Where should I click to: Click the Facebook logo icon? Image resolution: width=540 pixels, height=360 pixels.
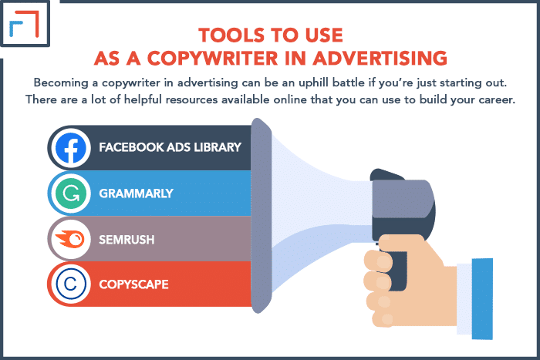(71, 148)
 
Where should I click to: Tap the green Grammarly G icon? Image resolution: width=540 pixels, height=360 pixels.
(71, 193)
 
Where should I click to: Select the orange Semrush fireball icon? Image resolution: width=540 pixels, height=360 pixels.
(70, 239)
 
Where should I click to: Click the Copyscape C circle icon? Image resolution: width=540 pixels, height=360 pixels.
(71, 284)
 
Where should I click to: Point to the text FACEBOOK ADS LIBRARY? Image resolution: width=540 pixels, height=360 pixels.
(170, 147)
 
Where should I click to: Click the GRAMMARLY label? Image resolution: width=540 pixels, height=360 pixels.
(136, 193)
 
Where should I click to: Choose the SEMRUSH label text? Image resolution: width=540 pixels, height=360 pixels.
(127, 240)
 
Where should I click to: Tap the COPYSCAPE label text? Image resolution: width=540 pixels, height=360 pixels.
(134, 284)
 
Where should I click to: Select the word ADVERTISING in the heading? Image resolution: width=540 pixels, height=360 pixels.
(380, 58)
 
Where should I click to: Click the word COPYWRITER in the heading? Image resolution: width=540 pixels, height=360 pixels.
(212, 58)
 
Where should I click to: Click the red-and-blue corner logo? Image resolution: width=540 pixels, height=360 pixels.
(24, 23)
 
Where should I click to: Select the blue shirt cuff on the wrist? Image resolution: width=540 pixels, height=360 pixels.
(482, 299)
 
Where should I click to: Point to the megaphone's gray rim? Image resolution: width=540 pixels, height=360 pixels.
(261, 216)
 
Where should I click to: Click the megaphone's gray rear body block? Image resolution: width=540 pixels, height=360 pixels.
(402, 199)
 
